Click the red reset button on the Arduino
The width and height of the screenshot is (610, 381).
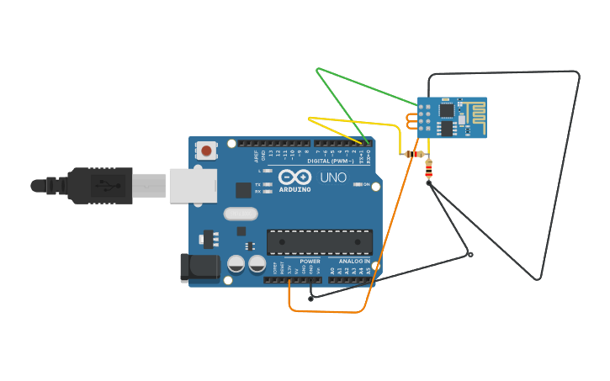click(x=206, y=151)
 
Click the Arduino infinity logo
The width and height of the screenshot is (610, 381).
click(x=294, y=177)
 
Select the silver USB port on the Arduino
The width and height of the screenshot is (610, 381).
click(x=193, y=185)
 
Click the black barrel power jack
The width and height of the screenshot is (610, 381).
click(x=199, y=267)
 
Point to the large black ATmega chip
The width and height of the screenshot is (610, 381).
click(x=319, y=242)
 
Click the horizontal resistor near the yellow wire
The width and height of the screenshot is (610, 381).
click(x=413, y=154)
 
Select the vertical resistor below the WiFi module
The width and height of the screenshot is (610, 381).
click(x=429, y=170)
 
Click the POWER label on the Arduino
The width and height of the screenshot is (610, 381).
click(x=310, y=262)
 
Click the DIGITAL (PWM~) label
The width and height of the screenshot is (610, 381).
click(x=331, y=161)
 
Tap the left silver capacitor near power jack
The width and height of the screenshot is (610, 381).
click(x=236, y=264)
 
